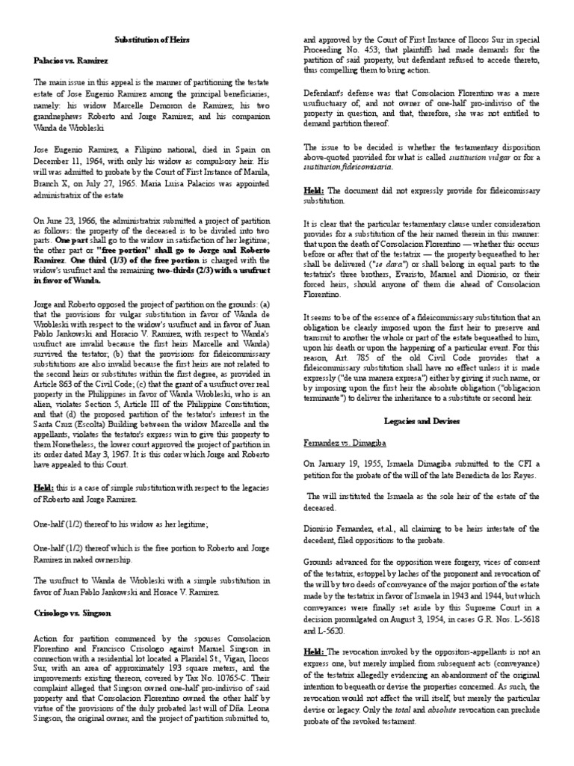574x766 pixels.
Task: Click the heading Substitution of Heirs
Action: (x=155, y=36)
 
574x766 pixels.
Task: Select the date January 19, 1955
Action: (x=354, y=464)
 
